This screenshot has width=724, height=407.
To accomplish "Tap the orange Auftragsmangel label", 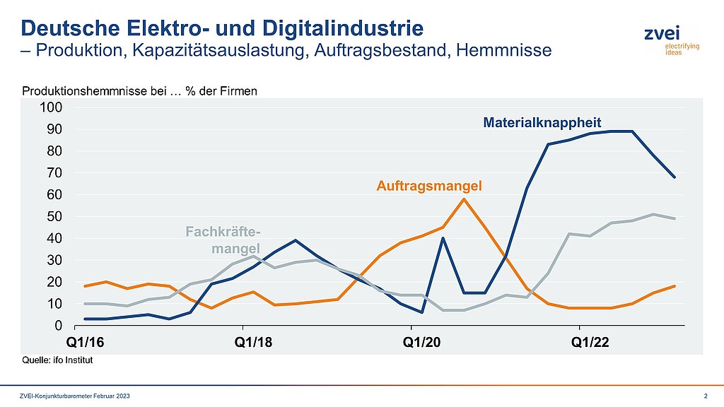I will [428, 187].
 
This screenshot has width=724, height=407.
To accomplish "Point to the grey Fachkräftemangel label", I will [223, 240].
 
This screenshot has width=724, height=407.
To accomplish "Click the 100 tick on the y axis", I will [54, 107].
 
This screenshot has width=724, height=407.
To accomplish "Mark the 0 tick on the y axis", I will [60, 326].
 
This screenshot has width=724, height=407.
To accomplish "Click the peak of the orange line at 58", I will [464, 199].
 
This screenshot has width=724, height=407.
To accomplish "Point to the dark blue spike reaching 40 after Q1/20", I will [443, 238].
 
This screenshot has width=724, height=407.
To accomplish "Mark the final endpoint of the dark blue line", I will [675, 177].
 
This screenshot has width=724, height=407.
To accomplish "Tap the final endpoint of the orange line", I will [675, 286].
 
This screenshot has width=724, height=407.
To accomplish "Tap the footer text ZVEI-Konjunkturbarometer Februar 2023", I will [74, 394].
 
